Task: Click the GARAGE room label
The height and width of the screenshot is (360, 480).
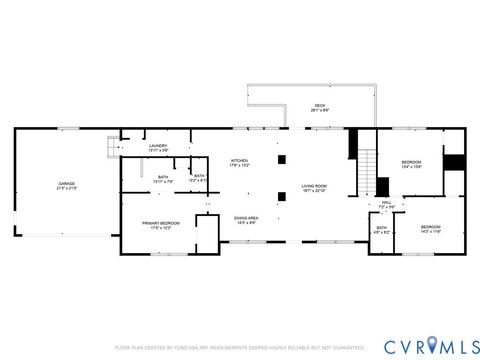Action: pos(65,184)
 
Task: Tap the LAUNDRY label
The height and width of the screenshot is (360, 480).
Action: pos(158,146)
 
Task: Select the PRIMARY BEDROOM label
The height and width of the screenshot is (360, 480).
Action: pos(156,225)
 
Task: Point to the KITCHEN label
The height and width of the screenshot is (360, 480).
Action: pos(240,162)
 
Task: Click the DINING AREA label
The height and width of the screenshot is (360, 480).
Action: pos(247,219)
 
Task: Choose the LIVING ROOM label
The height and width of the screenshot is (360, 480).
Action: pos(315,186)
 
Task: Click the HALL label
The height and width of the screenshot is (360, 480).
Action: pos(386,203)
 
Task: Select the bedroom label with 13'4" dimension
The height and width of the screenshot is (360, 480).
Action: pos(411,162)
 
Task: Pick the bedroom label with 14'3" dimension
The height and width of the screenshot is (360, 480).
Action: pos(430,229)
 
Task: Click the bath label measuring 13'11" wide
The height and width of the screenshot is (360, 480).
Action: pos(162,178)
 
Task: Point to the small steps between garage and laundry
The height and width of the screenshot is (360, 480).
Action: pos(112,149)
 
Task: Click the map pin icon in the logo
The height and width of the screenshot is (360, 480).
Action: pos(431,345)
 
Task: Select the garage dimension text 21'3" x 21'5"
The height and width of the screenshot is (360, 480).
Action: pos(65,188)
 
